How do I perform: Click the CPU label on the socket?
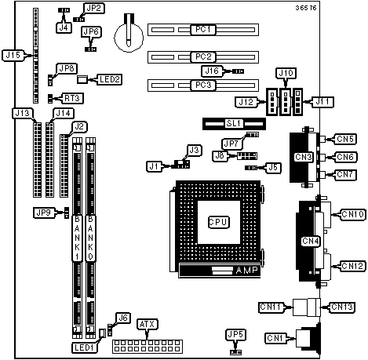tap(219, 222)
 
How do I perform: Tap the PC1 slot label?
tap(203, 29)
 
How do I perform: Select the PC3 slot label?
tap(203, 85)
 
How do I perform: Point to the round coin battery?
tap(129, 38)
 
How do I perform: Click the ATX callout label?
tap(148, 325)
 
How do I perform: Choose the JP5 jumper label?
tap(235, 335)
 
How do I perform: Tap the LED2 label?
tap(110, 79)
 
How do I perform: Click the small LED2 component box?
tap(82, 79)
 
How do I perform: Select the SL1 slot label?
tap(234, 123)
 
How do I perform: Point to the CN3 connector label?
tap(304, 157)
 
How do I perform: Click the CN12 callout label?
tap(353, 266)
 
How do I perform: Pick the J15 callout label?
tap(13, 55)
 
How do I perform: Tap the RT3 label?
tap(72, 98)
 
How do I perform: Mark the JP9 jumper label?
tap(44, 213)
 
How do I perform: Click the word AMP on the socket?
tap(247, 270)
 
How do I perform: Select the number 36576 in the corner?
tap(306, 8)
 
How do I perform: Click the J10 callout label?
tap(286, 73)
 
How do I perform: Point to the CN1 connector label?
tap(275, 338)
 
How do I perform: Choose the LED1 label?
tap(84, 347)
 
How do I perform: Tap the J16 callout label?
tap(212, 71)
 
